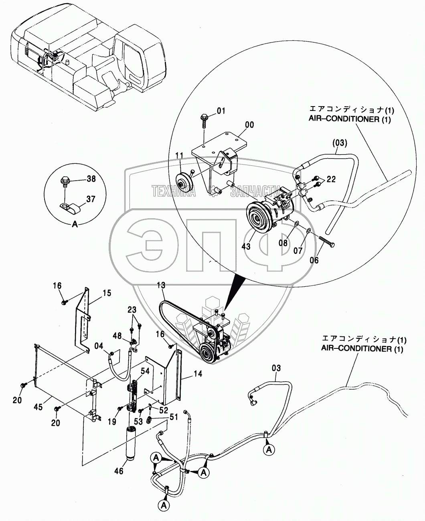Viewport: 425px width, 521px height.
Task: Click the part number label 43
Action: coord(246,246)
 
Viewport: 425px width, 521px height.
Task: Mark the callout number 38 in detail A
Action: coord(91,179)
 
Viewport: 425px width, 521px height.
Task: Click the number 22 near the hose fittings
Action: coord(330,180)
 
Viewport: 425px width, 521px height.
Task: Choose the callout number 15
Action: coord(106,293)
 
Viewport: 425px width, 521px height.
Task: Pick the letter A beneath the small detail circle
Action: coord(74,225)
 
